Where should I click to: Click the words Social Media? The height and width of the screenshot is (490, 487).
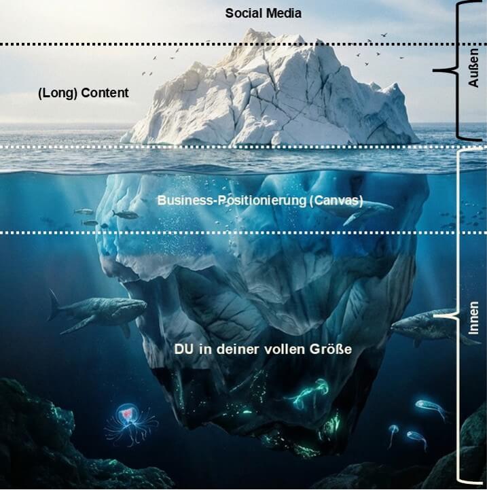(263, 13)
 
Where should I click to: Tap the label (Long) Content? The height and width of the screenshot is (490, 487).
(83, 93)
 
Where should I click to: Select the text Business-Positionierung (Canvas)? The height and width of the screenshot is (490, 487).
(260, 200)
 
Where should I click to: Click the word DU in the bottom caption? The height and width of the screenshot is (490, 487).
(183, 349)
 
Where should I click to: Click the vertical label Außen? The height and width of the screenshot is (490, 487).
(473, 67)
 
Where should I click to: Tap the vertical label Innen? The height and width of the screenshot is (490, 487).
(474, 318)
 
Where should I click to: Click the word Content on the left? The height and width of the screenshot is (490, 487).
(105, 93)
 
